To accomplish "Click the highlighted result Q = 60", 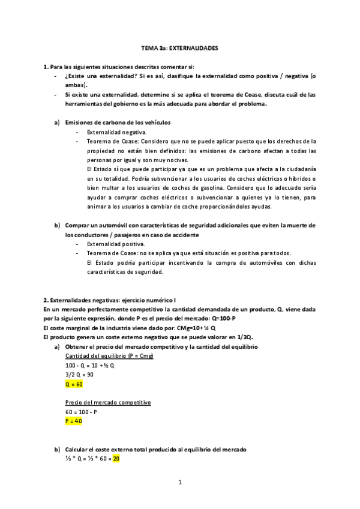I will (x=74, y=383).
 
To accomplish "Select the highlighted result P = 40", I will (x=74, y=421).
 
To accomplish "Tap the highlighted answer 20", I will (x=116, y=459).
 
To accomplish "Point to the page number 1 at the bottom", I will (x=179, y=482).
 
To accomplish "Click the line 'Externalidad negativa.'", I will (x=116, y=131).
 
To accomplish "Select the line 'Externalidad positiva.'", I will (x=116, y=244).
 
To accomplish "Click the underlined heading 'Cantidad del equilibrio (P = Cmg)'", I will (x=110, y=357).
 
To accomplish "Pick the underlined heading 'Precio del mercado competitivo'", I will (x=107, y=403).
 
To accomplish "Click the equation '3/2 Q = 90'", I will (x=80, y=374).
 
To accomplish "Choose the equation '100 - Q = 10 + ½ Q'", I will (x=90, y=366).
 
